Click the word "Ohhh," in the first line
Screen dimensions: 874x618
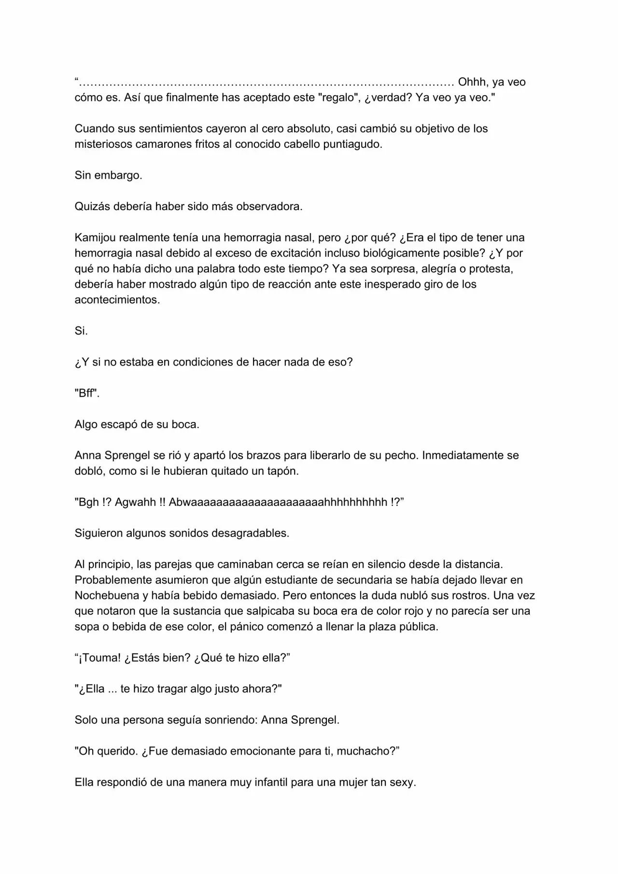[472, 82]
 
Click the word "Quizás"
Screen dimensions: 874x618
[92, 207]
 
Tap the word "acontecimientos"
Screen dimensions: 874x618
[116, 300]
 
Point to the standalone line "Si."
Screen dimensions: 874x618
[81, 331]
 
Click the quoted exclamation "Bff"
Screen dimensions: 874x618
[86, 393]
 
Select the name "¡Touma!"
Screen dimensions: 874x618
[98, 658]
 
